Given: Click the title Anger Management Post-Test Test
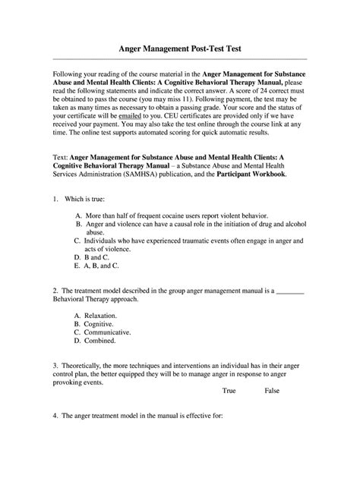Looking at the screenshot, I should (180, 48).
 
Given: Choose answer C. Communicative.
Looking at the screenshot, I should (103, 332).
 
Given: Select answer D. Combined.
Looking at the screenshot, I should (96, 341).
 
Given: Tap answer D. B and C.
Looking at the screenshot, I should (96, 257).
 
